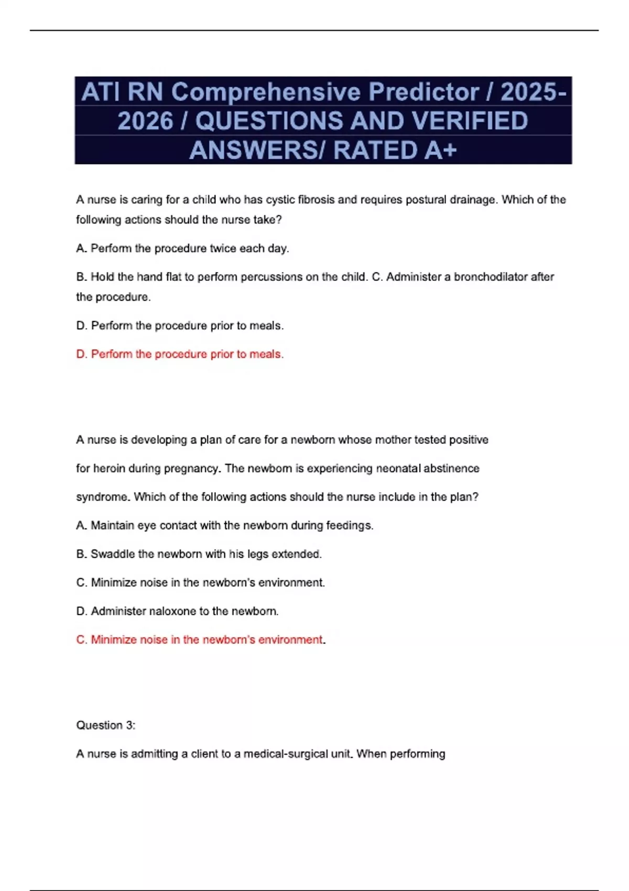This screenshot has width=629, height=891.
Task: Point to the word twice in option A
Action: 223,248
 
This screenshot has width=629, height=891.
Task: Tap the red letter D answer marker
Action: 81,354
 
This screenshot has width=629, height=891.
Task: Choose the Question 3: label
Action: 106,725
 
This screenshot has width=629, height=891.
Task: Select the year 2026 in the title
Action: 145,121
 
